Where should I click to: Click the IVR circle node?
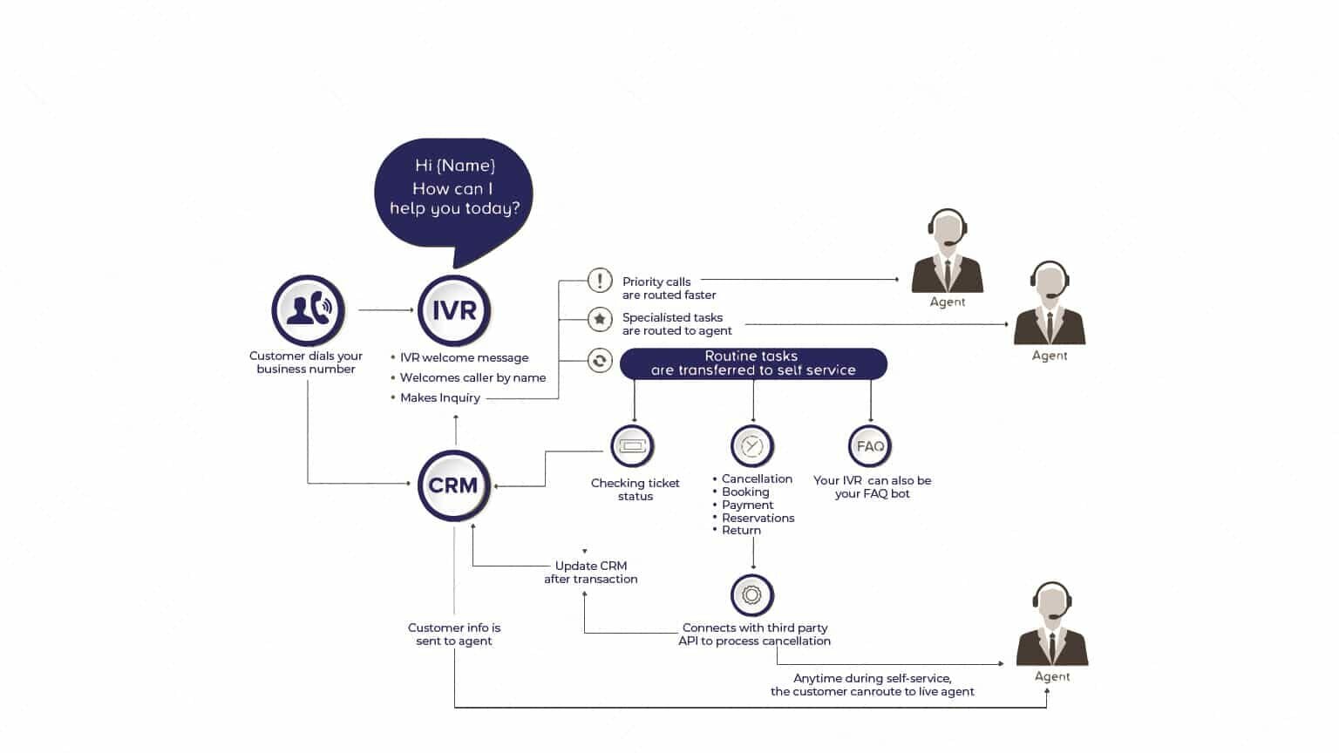[x=454, y=310]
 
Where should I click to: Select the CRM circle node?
[x=453, y=485]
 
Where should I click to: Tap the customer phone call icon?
[x=309, y=309]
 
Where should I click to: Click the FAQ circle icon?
[x=870, y=446]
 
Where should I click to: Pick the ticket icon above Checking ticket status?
[x=633, y=446]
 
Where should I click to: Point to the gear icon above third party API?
[x=752, y=595]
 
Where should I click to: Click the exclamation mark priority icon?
[x=600, y=280]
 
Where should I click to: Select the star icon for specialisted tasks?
[x=600, y=320]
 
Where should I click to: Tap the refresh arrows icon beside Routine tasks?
[x=600, y=361]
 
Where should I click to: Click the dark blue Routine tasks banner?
[x=753, y=363]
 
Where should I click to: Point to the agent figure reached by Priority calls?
[x=948, y=251]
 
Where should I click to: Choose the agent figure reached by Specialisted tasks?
[x=1050, y=303]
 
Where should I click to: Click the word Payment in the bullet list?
[x=747, y=505]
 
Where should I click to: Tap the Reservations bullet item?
[x=758, y=519]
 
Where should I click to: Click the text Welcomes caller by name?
[x=472, y=377]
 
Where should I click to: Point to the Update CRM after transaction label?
[x=590, y=573]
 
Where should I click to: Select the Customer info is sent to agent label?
[x=453, y=634]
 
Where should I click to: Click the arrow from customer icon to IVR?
[x=386, y=310]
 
